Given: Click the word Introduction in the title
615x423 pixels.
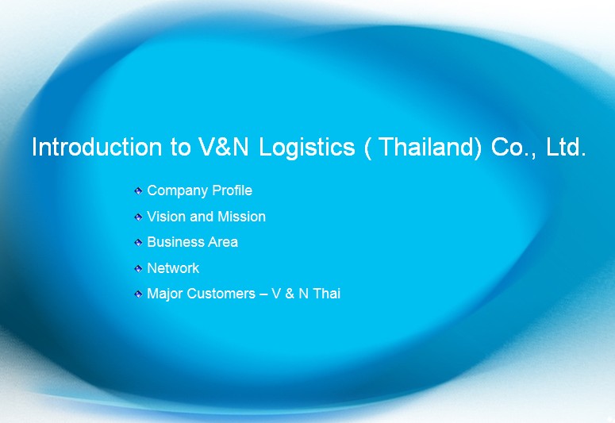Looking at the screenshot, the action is click(x=97, y=147).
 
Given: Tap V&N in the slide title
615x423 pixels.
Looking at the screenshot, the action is click(x=224, y=147).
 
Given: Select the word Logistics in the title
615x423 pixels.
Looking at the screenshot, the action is click(x=307, y=148).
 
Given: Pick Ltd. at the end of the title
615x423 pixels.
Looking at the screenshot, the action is click(x=566, y=147).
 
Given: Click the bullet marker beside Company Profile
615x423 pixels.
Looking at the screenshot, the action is click(x=138, y=191).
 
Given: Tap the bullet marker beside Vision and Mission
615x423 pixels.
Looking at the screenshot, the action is click(x=138, y=217).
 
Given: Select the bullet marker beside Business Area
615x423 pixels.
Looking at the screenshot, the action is click(x=138, y=243).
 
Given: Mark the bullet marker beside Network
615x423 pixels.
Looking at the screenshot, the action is click(x=138, y=268).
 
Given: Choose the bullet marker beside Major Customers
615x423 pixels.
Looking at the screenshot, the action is click(x=138, y=294).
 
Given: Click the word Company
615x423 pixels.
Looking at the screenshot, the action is click(x=178, y=191).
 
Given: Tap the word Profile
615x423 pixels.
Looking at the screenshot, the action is click(x=233, y=190).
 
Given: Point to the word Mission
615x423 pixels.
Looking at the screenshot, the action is click(x=241, y=216).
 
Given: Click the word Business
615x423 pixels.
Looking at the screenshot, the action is click(x=175, y=242).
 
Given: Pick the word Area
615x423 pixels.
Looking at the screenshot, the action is click(x=223, y=242).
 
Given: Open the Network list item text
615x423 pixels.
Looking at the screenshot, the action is click(x=173, y=268).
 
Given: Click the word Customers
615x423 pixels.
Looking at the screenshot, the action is click(x=221, y=294).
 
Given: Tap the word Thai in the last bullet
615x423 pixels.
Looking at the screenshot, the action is click(x=327, y=294).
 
